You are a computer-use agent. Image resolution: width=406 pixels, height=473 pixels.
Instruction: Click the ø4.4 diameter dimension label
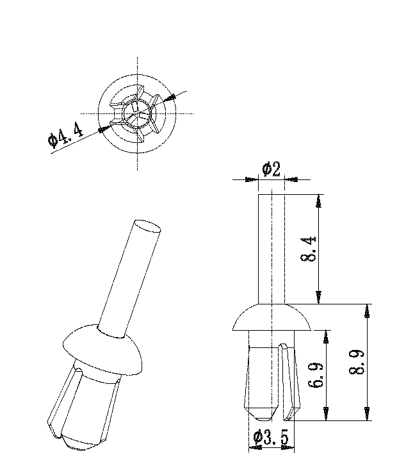click(x=65, y=137)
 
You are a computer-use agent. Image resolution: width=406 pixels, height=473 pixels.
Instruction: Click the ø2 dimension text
click(x=272, y=169)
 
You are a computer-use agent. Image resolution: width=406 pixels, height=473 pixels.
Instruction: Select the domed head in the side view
click(x=272, y=317)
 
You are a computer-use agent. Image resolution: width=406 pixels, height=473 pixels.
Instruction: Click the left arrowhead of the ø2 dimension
click(x=252, y=179)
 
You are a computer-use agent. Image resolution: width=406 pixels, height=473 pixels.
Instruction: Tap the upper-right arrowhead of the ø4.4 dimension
click(x=171, y=97)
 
